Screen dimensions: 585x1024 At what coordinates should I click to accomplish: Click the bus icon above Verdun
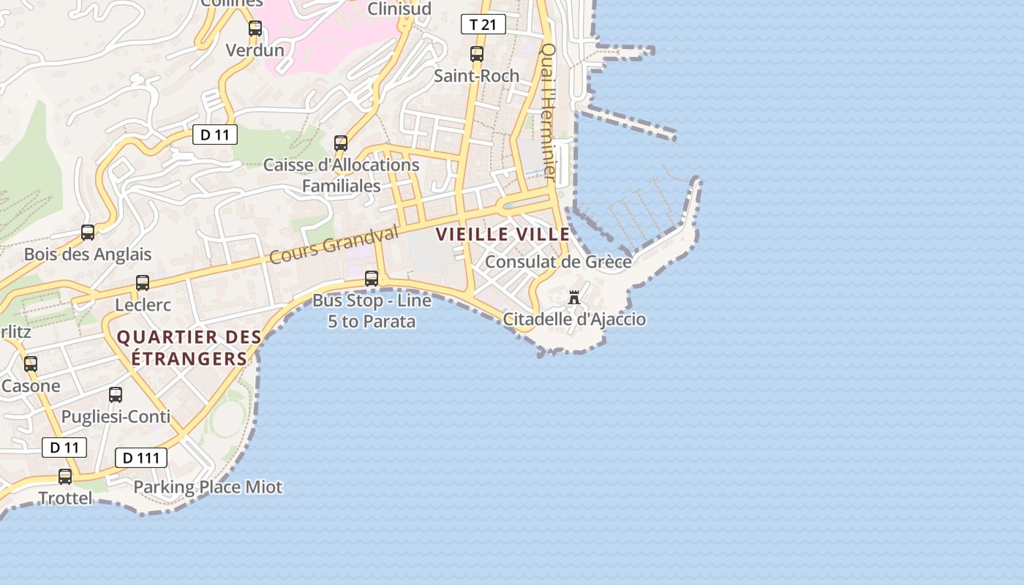point(255,29)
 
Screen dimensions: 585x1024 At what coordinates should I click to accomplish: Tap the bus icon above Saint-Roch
point(477,53)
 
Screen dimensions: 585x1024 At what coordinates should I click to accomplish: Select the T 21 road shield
point(483,24)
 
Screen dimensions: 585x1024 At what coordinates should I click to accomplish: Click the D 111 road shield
point(141,458)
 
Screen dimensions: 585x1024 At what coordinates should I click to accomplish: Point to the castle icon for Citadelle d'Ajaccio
point(574,298)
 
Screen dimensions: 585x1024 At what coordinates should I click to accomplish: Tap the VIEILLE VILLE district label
point(502,234)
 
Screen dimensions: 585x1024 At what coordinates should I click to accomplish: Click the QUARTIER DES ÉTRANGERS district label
point(189,348)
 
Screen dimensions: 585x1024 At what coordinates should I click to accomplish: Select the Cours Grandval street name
point(334,244)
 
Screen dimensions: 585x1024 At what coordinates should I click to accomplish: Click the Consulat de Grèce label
point(558,261)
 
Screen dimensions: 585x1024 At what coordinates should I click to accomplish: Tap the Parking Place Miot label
point(208,487)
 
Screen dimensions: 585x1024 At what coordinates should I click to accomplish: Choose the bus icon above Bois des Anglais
point(88,233)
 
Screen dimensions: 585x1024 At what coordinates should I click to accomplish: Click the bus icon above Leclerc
point(143,282)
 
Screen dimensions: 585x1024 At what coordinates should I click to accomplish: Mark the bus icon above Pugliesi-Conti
point(116,395)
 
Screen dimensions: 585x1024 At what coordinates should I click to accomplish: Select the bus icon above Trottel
point(65,477)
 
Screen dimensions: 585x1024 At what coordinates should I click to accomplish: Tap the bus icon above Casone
point(30,363)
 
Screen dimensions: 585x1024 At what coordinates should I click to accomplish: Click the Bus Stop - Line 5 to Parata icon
point(372,278)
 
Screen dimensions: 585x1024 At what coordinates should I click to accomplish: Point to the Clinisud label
point(399,9)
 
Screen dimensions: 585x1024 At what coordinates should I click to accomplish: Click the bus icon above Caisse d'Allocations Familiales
point(341,143)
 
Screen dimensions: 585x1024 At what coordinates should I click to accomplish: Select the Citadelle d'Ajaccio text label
point(574,320)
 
